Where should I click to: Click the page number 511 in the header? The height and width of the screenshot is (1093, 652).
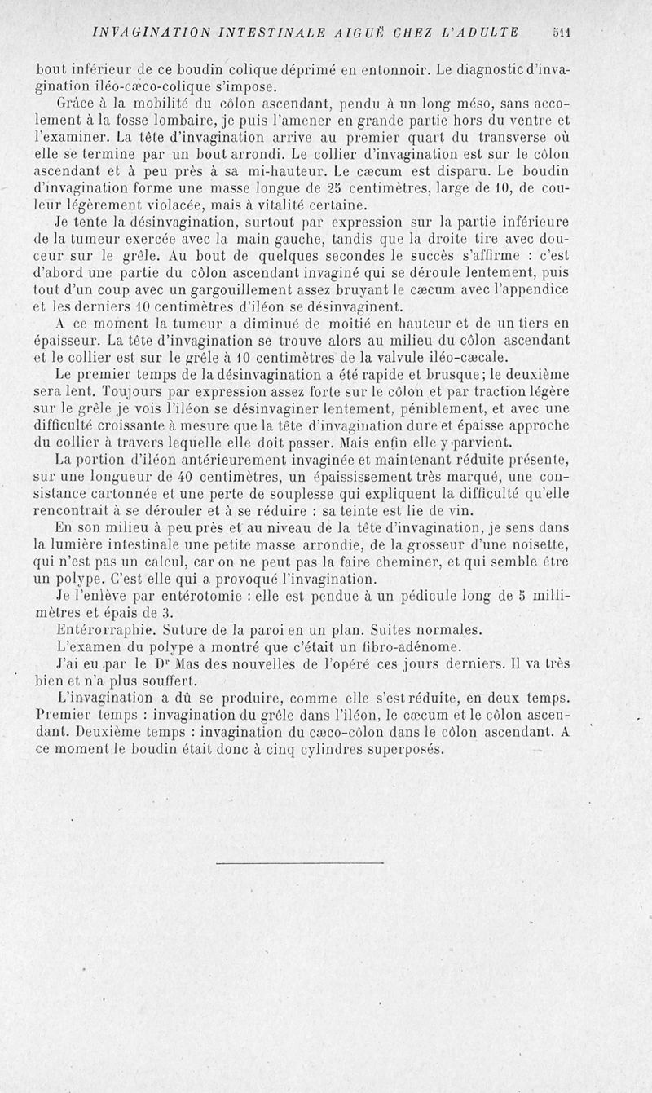pyautogui.click(x=560, y=33)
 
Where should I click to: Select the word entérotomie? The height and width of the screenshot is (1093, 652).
pyautogui.click(x=190, y=596)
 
